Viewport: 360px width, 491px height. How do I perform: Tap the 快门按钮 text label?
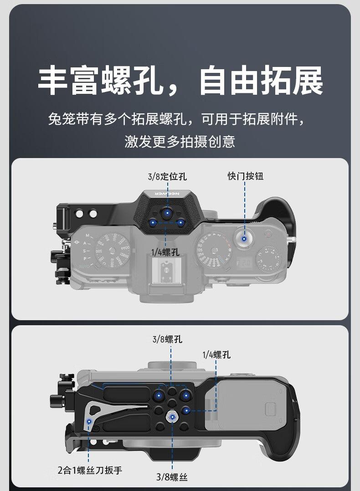246,176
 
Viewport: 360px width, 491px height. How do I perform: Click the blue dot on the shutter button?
245,238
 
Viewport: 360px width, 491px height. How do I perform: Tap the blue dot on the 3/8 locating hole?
168,212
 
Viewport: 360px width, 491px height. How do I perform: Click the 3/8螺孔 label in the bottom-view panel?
167,339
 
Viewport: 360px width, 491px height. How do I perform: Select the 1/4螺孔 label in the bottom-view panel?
216,355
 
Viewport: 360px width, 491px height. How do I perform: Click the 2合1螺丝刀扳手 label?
90,470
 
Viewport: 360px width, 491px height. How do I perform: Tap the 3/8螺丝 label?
172,477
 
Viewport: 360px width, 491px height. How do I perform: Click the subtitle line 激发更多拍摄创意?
180,142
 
